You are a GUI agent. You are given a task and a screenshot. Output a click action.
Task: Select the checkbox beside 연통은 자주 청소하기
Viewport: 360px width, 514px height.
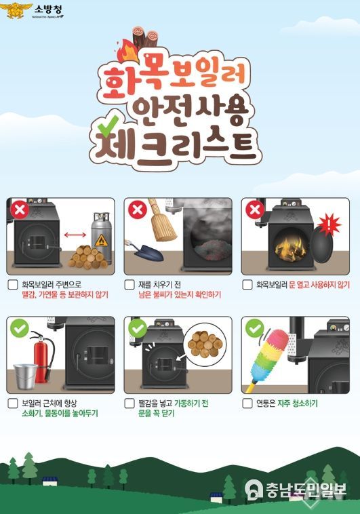tap(247, 403)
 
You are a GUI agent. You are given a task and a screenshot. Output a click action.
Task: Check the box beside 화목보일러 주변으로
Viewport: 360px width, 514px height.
tap(12, 285)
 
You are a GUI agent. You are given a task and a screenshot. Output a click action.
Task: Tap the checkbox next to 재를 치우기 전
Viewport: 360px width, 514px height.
tap(129, 285)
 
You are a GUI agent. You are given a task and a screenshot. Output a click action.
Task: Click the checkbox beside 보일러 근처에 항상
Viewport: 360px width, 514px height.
tap(12, 403)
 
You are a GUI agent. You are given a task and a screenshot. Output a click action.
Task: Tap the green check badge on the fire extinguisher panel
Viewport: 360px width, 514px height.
tap(19, 330)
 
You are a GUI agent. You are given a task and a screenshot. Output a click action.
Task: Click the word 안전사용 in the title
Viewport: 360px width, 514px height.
tap(180, 108)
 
